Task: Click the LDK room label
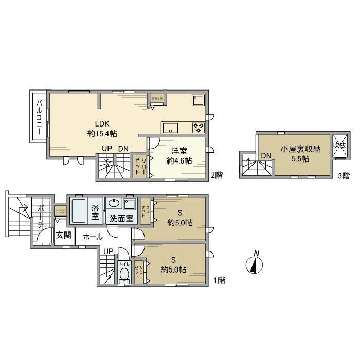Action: point(101,123)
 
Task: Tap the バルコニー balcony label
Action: point(39,117)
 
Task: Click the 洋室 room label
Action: point(179,150)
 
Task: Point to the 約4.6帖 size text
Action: point(179,160)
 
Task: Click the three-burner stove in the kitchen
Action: point(198,127)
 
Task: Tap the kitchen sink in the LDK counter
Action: point(170,127)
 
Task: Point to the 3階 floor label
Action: point(344,176)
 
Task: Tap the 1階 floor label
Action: point(220,281)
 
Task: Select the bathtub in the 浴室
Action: point(78,211)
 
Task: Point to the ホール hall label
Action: point(93,237)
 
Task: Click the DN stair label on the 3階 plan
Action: point(265,156)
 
